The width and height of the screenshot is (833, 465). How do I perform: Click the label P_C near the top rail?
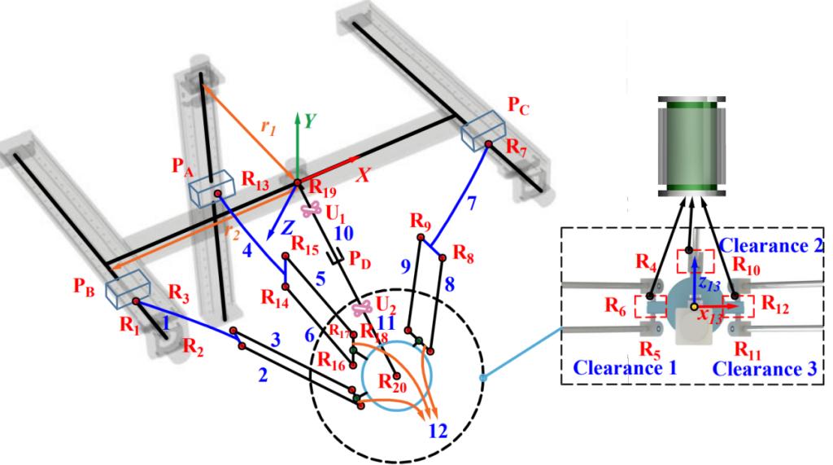(x=520, y=106)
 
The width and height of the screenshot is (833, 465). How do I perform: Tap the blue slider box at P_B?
(x=126, y=286)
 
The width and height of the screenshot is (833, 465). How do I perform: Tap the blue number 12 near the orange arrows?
(x=438, y=431)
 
